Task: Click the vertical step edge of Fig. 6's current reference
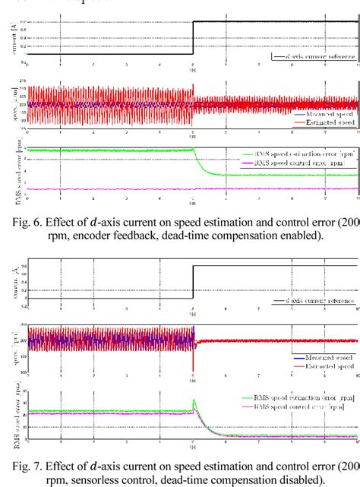click(x=193, y=38)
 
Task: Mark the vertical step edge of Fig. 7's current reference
click(x=193, y=281)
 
